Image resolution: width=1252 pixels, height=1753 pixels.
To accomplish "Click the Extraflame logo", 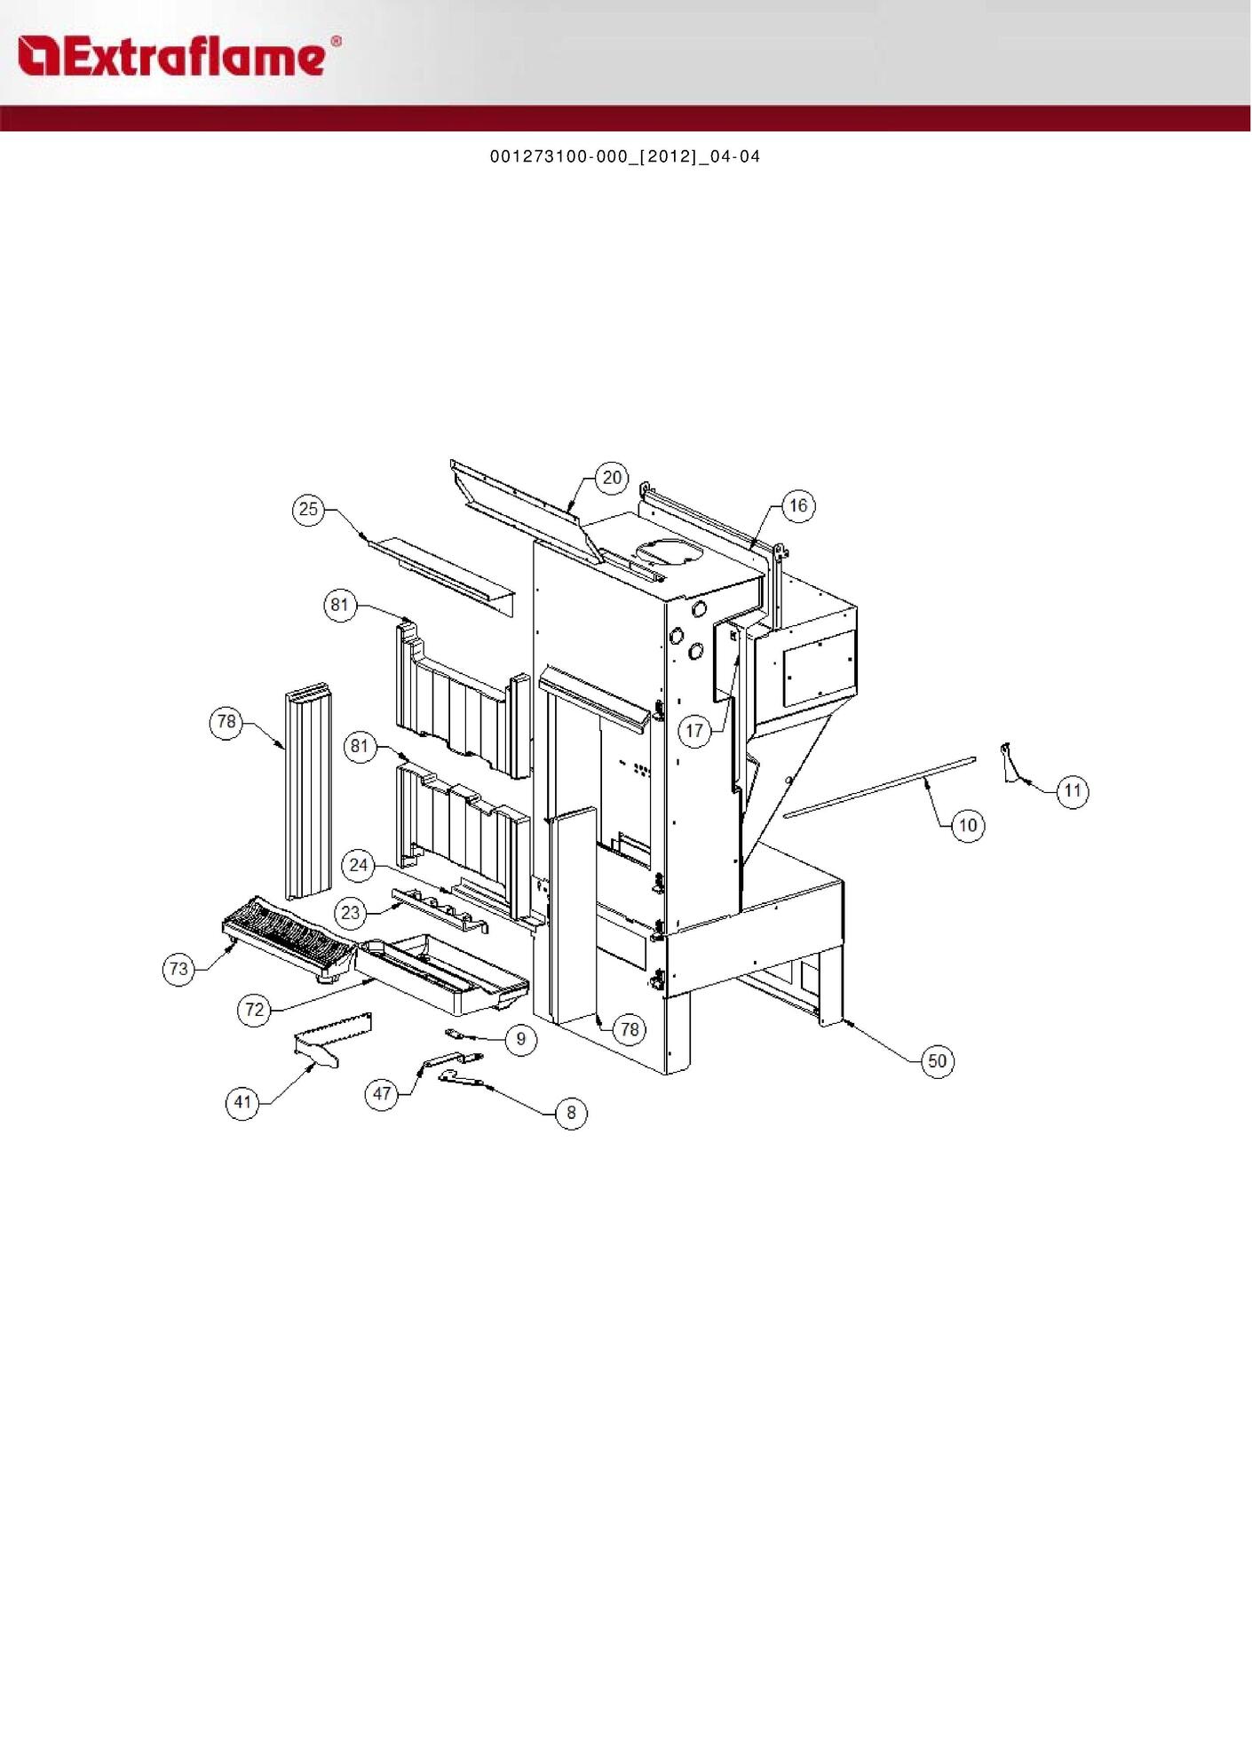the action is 178,56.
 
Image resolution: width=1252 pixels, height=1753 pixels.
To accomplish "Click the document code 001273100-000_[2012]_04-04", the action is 625,157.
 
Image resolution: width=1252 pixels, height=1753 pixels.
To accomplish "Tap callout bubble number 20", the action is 613,478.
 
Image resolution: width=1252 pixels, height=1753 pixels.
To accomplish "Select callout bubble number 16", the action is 798,506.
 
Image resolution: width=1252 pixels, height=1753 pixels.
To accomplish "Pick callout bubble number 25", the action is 308,509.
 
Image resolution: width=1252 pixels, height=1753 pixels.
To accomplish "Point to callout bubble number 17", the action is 694,731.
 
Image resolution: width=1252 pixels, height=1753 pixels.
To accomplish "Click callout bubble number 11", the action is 1073,791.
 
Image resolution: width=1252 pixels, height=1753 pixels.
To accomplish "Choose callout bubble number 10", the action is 968,826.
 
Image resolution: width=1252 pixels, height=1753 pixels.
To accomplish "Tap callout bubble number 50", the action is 938,1061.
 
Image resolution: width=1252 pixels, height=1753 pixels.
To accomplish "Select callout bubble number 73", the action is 178,968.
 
